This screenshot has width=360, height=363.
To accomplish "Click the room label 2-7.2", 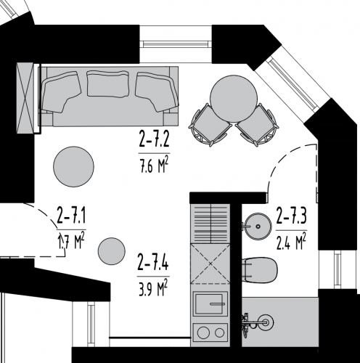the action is coord(154,139).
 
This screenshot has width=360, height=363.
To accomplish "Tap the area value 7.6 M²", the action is coord(154,167).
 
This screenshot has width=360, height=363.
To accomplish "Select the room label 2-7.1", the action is coord(71,215).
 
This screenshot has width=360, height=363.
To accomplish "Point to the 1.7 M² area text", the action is coord(71,242).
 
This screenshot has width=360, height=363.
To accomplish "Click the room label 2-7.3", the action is coord(292,216).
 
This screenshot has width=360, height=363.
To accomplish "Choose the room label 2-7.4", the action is coord(153,262).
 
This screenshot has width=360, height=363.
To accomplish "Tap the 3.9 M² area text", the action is coord(153,289).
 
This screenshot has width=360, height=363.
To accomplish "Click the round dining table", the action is coord(234,99).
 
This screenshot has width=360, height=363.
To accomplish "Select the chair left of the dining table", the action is coord(210,125).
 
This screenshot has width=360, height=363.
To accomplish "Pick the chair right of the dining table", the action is coord(257,125).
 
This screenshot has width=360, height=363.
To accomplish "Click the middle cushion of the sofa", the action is coord(107,83).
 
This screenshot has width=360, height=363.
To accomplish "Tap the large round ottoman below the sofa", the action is coord(73,166).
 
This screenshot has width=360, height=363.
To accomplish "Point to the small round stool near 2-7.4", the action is coord(112,251).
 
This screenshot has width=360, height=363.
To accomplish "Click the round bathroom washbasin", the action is coord(258,227).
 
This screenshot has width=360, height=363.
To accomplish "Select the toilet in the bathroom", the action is coord(261,269).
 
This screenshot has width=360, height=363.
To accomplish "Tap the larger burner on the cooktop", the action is coord(203,333).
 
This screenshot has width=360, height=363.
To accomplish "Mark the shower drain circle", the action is coord(266,322).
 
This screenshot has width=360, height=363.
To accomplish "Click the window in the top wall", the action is coord(176,44).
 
